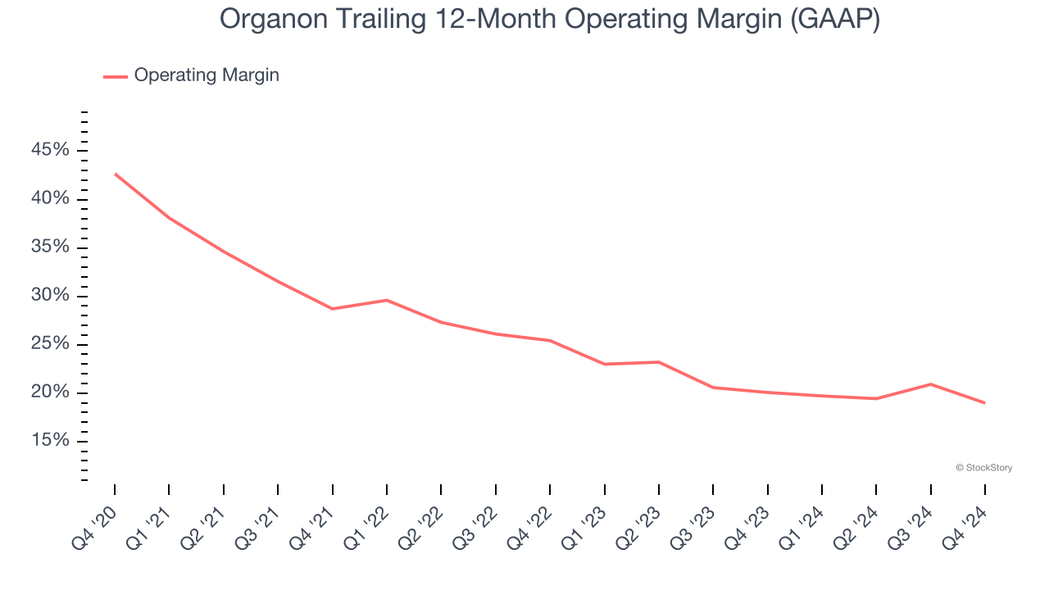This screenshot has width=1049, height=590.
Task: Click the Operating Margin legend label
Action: [x=207, y=75]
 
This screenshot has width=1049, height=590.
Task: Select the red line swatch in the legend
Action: [x=115, y=76]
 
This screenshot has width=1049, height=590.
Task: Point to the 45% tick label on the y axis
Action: [x=50, y=150]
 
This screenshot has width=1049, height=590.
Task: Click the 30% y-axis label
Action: [x=50, y=295]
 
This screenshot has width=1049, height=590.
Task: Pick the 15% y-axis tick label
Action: [x=50, y=441]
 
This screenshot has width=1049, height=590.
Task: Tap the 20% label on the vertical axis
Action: [x=50, y=393]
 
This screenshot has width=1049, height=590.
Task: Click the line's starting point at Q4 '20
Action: [x=115, y=174]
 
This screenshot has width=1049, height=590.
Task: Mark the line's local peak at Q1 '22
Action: [x=387, y=300]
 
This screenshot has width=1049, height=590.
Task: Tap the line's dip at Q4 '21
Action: [x=332, y=309]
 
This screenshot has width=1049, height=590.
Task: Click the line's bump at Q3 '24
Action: [x=930, y=384]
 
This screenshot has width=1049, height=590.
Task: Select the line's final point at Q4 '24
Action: [x=984, y=403]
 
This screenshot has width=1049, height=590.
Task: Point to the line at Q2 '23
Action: [x=658, y=362]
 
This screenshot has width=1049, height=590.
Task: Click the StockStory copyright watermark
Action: [x=983, y=468]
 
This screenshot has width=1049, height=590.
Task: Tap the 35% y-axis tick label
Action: [x=50, y=247]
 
